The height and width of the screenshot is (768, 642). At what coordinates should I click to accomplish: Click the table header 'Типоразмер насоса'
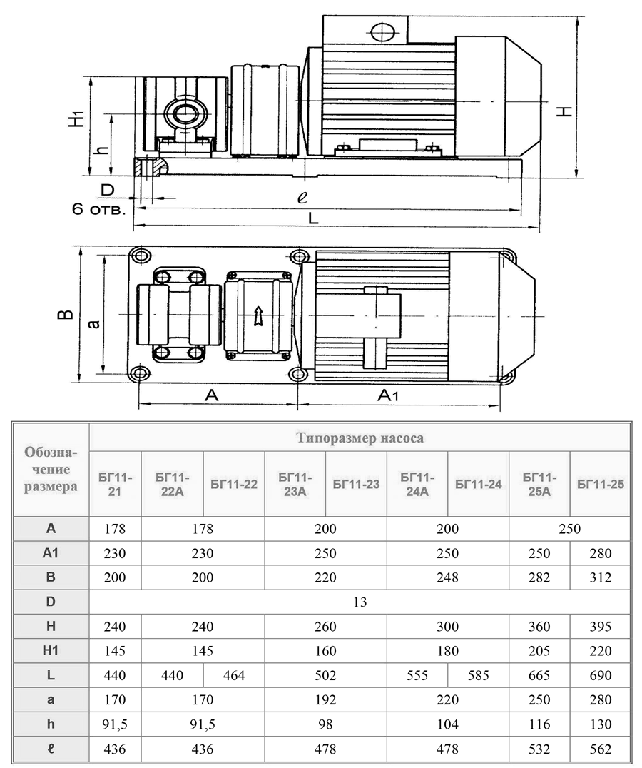(360, 438)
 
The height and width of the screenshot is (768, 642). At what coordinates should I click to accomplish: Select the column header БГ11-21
(115, 483)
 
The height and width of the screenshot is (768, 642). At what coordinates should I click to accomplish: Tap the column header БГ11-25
(600, 484)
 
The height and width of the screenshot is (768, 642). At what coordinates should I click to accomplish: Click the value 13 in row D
(360, 602)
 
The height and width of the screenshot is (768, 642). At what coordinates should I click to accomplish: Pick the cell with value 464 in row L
(234, 675)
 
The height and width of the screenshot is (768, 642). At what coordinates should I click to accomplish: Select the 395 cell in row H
(600, 627)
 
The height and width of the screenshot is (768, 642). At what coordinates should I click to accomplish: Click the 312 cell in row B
(600, 577)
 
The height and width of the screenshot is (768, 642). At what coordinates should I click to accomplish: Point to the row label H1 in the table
(51, 651)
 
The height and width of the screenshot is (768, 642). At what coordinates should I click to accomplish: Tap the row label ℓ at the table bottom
(51, 749)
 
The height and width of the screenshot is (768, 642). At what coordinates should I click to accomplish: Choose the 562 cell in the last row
(600, 749)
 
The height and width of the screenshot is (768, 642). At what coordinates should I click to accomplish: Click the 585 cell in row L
(478, 675)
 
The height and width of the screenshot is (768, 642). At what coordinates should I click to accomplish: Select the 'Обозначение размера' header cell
(51, 470)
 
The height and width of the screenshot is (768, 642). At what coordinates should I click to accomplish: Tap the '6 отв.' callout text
(99, 210)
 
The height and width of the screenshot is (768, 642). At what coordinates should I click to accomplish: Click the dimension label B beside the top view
(66, 315)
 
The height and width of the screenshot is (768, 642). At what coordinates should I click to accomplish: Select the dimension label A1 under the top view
(393, 395)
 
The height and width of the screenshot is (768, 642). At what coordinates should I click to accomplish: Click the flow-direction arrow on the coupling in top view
(258, 315)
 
